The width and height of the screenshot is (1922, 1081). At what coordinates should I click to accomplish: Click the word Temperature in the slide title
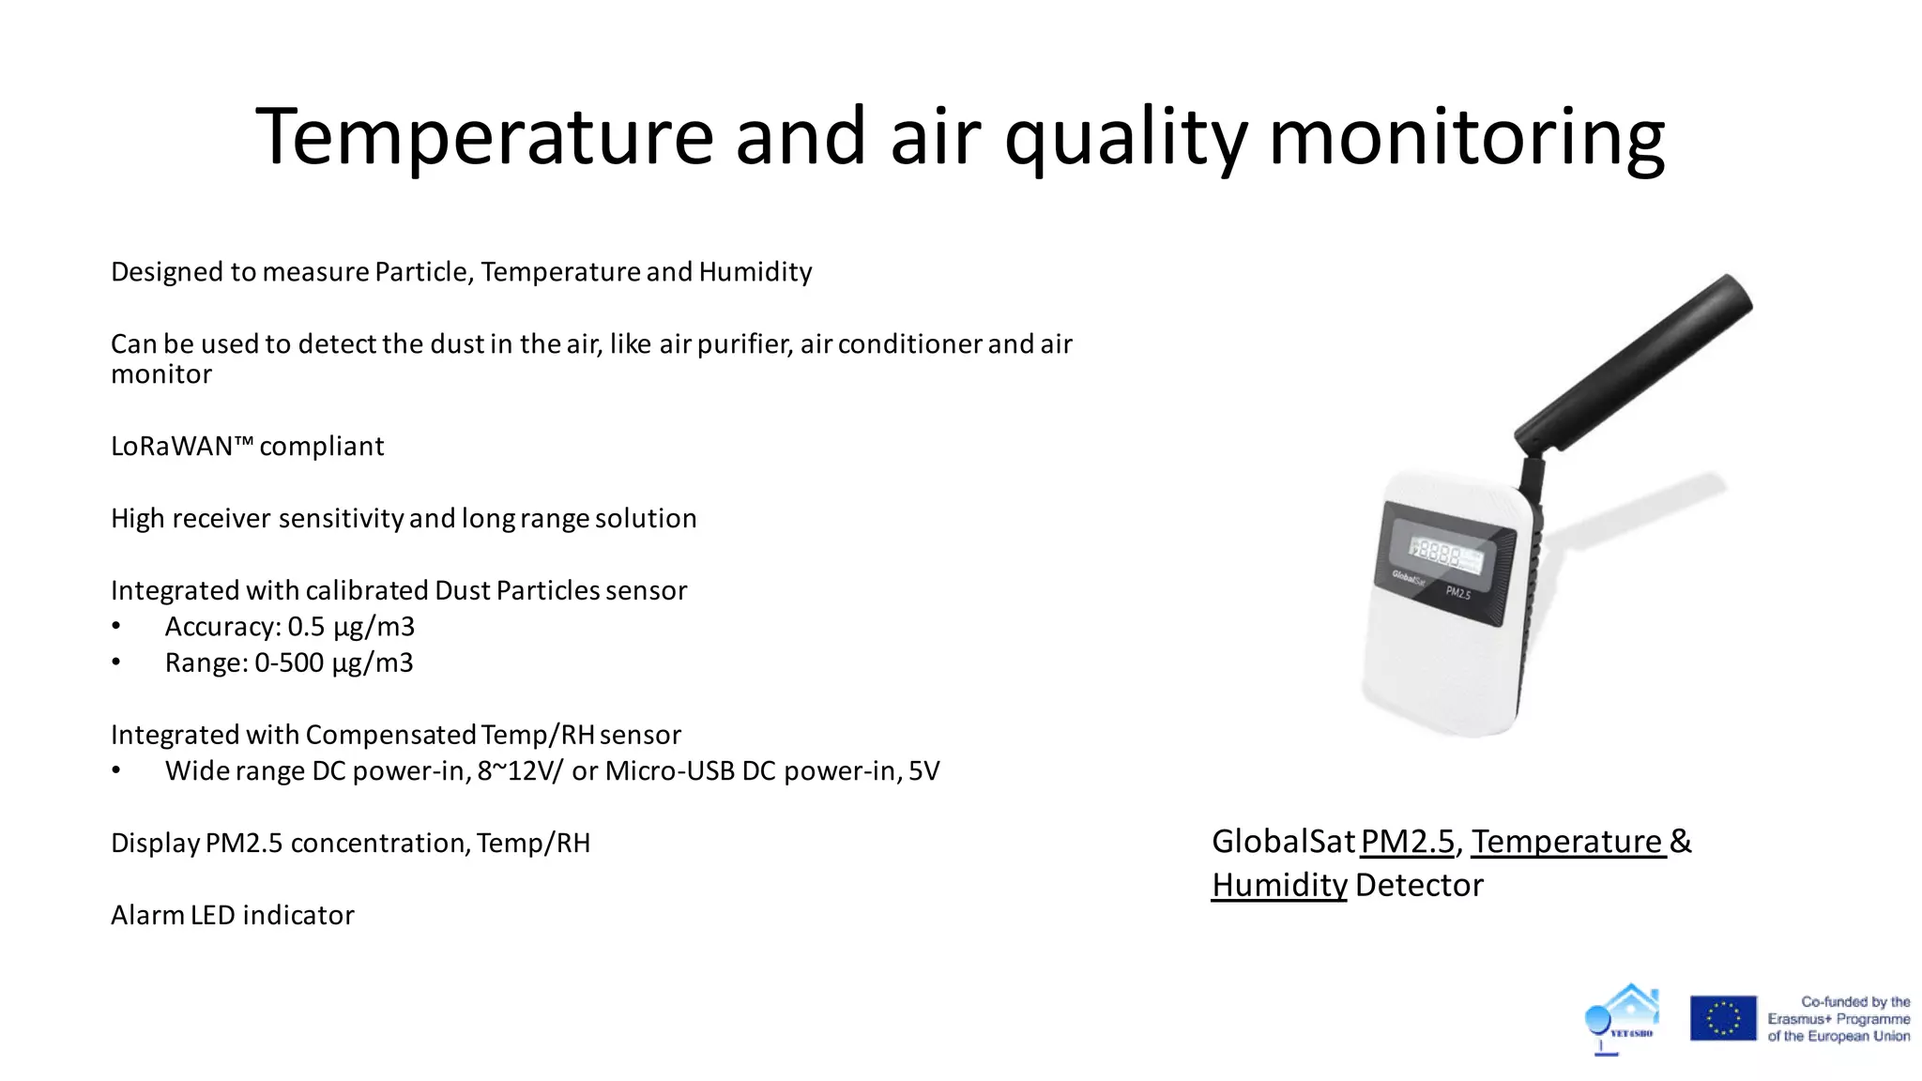(x=484, y=137)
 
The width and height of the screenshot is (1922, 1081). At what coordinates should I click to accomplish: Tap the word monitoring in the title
(x=1466, y=137)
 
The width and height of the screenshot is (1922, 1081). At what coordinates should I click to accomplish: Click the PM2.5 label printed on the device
(x=1457, y=592)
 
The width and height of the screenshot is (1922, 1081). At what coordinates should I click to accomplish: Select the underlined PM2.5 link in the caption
(x=1407, y=842)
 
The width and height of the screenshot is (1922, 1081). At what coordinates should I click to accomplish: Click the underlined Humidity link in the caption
(x=1278, y=885)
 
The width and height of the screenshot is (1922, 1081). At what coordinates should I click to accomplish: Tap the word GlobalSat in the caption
(x=1283, y=842)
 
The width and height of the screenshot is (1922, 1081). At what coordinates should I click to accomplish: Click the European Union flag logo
(x=1723, y=1018)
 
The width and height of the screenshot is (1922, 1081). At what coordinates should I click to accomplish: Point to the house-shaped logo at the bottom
(x=1624, y=1018)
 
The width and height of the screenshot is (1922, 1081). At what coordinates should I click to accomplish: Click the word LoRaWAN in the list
(x=172, y=447)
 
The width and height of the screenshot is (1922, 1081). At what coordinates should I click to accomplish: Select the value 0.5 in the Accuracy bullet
(x=306, y=627)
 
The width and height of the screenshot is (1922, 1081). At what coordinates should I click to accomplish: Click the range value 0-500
(x=289, y=663)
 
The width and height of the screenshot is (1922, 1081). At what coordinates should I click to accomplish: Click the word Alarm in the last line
(x=148, y=916)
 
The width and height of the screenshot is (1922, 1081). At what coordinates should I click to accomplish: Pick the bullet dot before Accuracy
(x=116, y=627)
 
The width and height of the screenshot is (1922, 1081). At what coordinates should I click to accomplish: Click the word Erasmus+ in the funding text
(x=1799, y=1019)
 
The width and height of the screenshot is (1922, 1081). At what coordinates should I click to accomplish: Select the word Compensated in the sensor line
(x=390, y=735)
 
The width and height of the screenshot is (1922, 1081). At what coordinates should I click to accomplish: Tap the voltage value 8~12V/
(x=521, y=771)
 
